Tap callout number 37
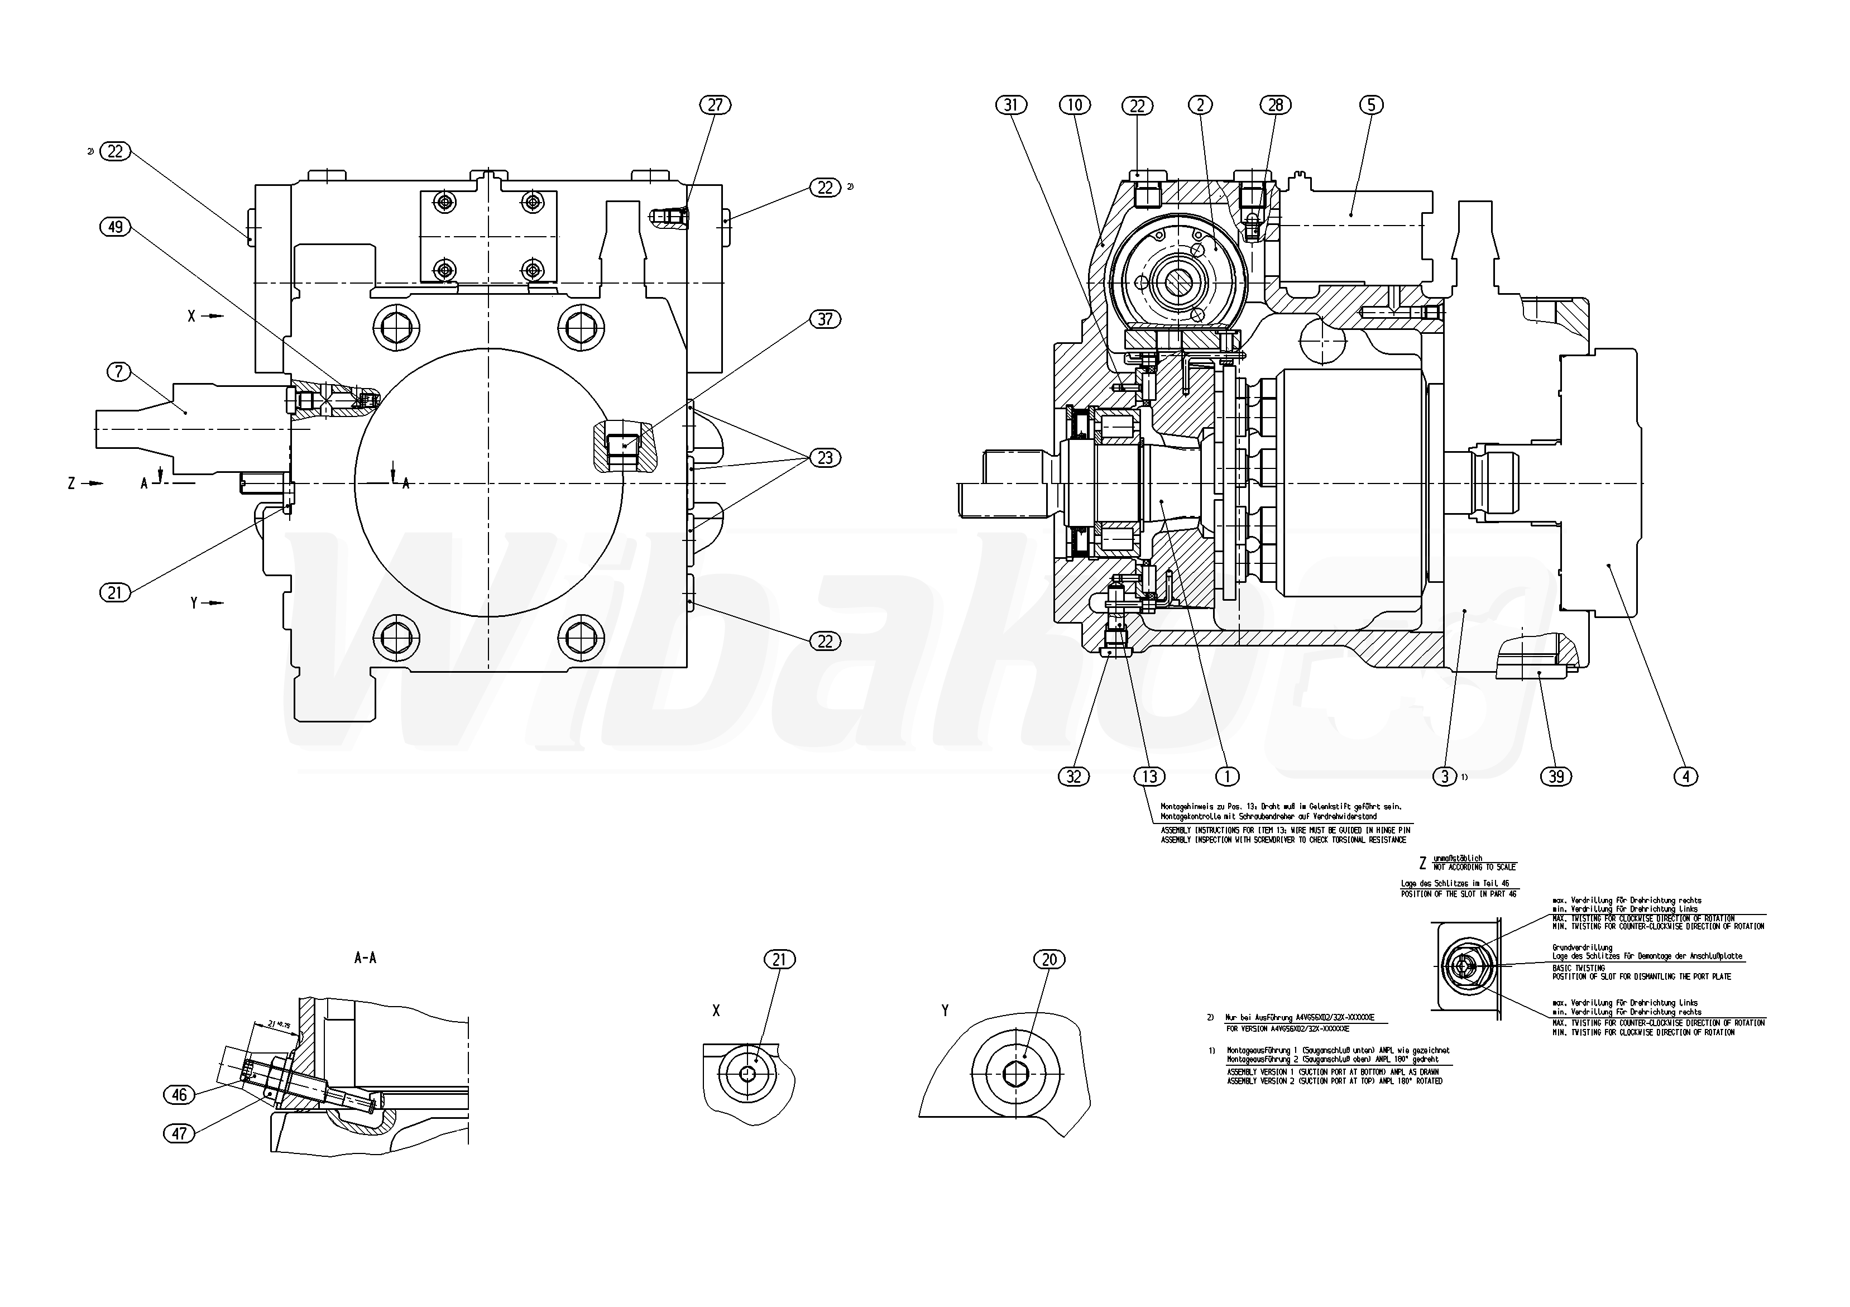coord(825,319)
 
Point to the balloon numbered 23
coord(825,458)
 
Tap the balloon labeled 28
coord(1276,105)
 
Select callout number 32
coord(1074,776)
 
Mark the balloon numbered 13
coord(1149,776)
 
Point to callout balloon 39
coord(1556,776)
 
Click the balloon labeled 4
coord(1686,776)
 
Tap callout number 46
coord(179,1094)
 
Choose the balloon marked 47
coord(179,1134)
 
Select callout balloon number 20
coord(1049,959)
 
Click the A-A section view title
coord(365,958)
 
